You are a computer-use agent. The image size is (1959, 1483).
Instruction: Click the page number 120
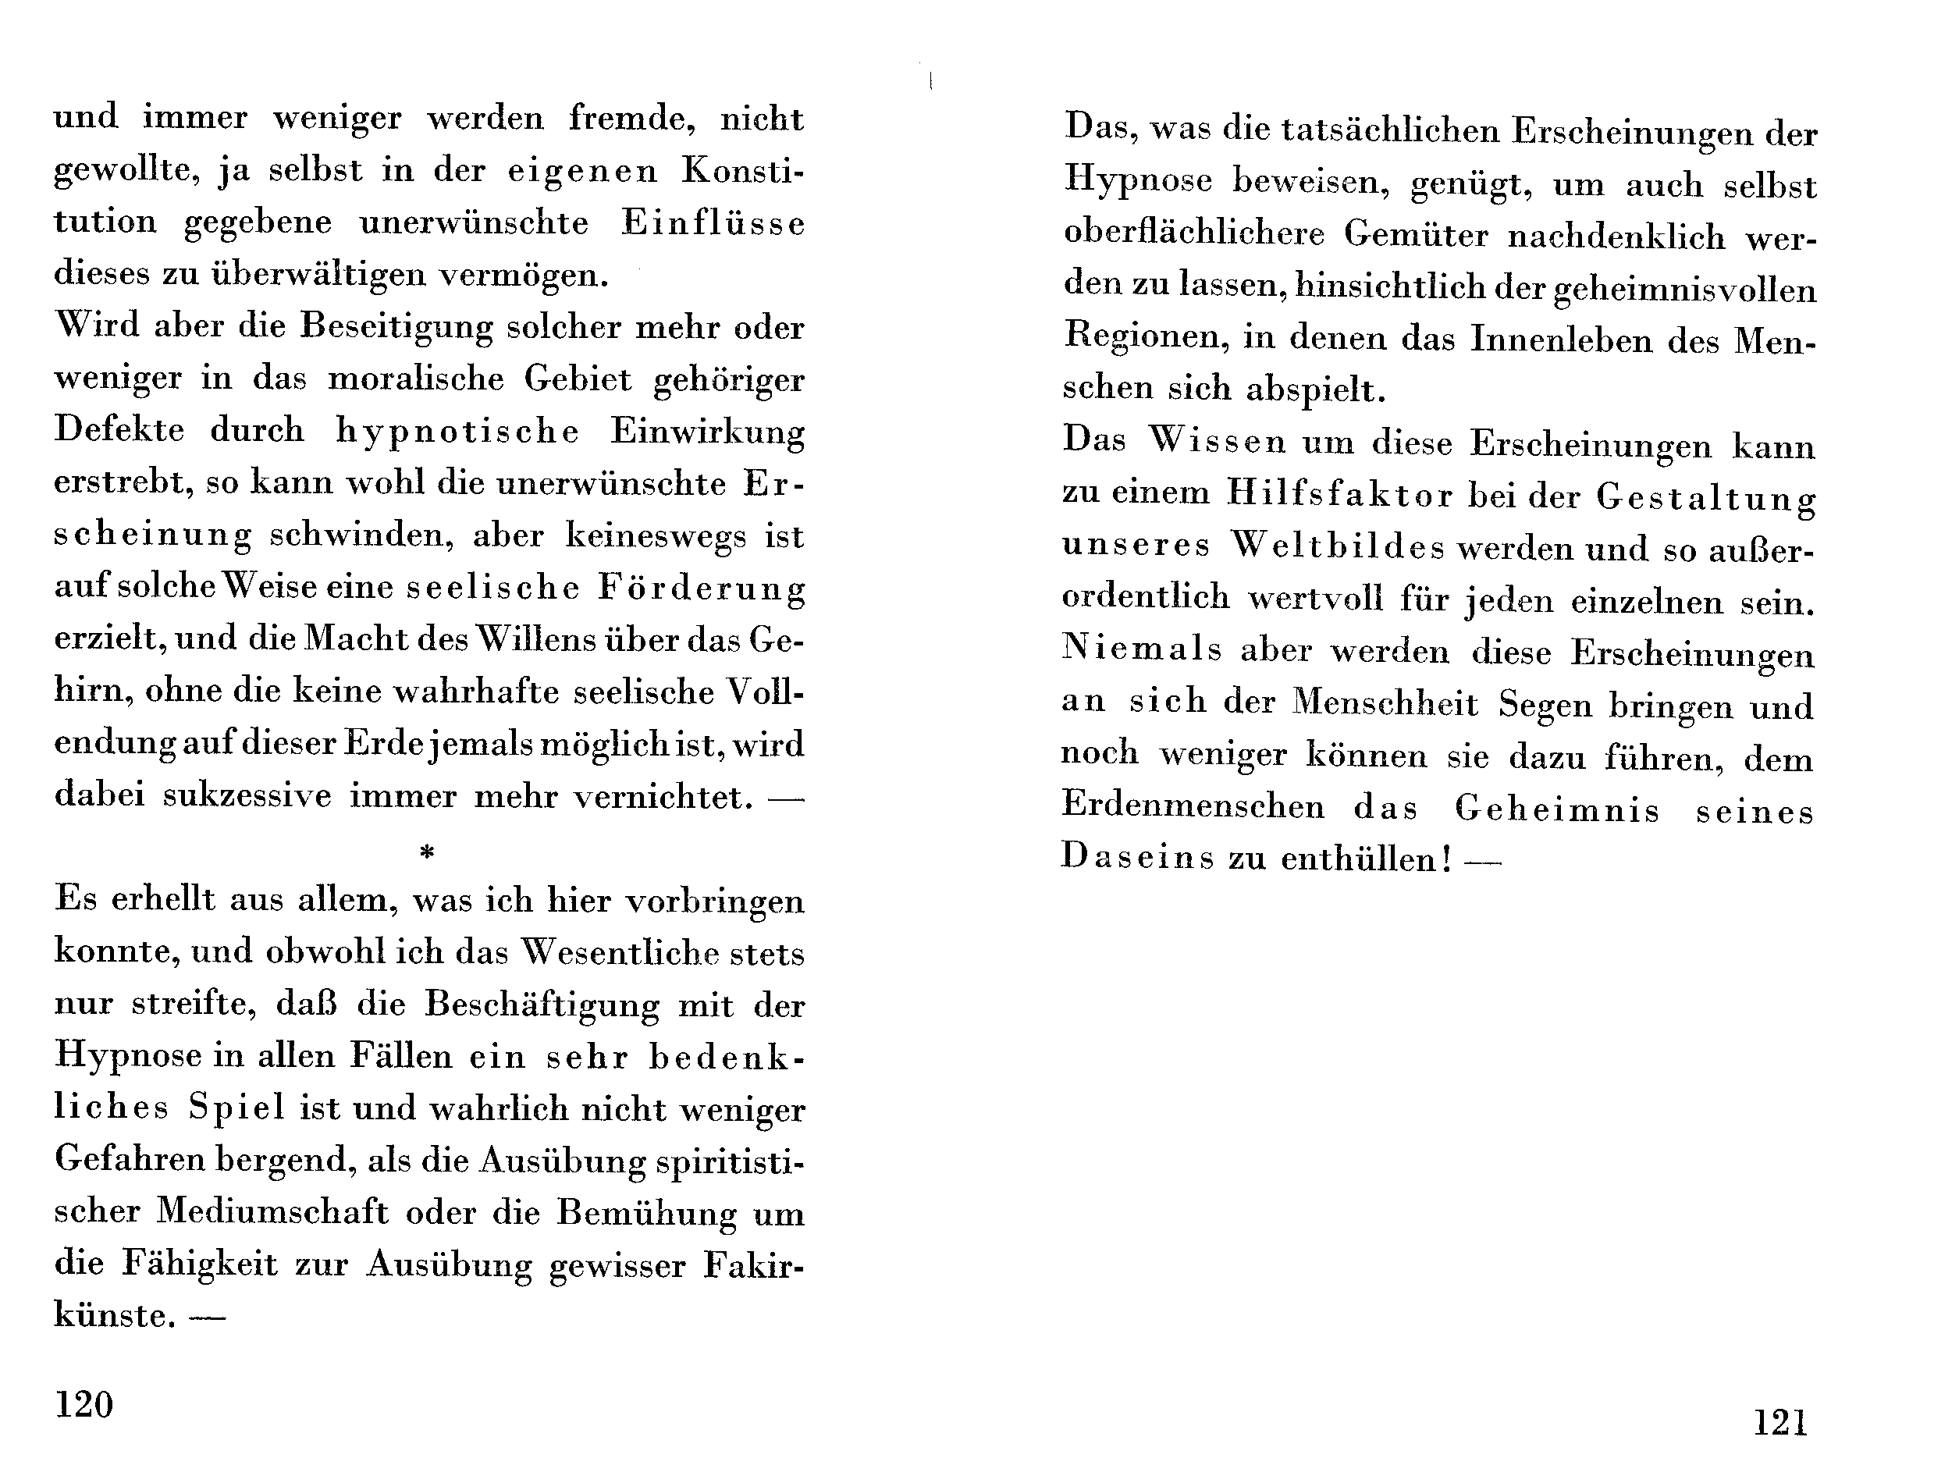84,1404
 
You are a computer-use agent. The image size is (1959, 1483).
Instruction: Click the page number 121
1780,1423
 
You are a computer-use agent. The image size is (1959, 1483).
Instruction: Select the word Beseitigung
396,329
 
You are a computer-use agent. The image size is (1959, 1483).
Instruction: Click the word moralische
415,379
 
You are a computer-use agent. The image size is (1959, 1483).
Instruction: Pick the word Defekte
119,431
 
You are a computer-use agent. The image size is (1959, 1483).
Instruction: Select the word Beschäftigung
541,1005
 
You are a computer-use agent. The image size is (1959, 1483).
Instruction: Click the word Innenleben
1562,340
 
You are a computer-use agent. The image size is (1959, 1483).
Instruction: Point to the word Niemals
1141,649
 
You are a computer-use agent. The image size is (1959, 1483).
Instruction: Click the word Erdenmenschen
1193,806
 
